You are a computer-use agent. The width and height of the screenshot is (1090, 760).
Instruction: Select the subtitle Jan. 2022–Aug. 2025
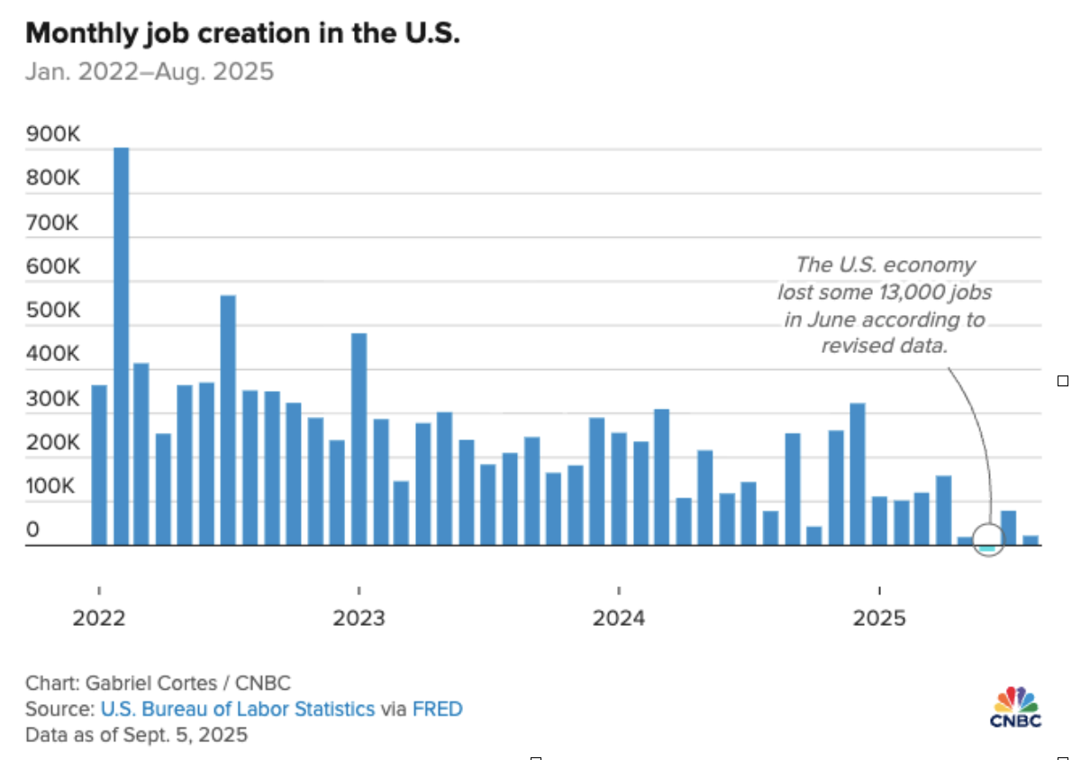click(x=149, y=72)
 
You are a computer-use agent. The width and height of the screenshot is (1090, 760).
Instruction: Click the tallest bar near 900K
click(x=121, y=347)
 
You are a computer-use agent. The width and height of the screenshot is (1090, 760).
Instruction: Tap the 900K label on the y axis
click(x=53, y=135)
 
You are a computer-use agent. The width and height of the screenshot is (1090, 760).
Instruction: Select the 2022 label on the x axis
click(x=98, y=619)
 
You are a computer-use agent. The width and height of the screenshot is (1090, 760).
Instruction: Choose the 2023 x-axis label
click(x=359, y=619)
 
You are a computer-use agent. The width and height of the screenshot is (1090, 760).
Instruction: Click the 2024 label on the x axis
click(x=619, y=619)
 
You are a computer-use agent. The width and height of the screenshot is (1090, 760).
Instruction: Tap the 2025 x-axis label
click(x=879, y=619)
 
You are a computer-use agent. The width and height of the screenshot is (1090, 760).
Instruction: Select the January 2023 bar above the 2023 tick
click(x=359, y=439)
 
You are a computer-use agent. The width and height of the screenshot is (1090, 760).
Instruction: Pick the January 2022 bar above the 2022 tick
click(x=99, y=465)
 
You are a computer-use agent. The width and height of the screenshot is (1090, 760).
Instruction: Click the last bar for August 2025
click(x=1031, y=540)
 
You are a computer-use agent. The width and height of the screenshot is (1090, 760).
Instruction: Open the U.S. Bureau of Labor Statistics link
click(x=237, y=709)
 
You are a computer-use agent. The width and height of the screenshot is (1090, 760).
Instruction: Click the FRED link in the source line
click(x=437, y=709)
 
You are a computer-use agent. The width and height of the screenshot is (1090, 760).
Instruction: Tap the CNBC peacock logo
click(x=1015, y=701)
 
